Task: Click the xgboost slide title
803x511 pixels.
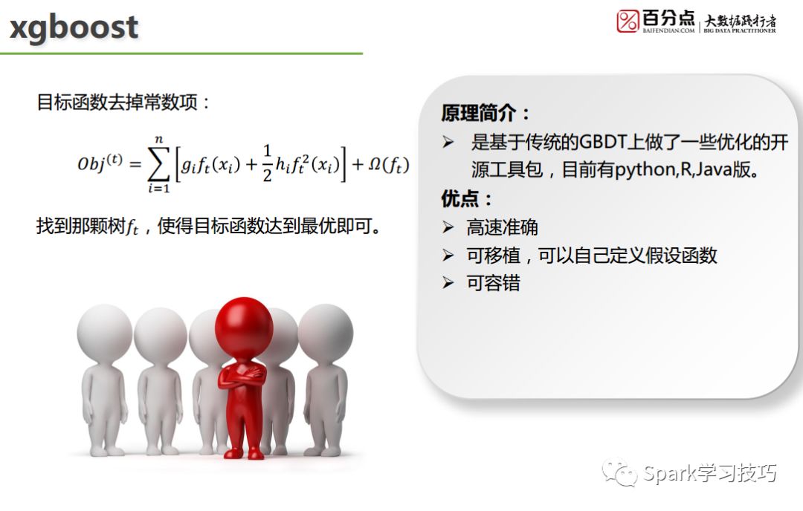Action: click(x=74, y=27)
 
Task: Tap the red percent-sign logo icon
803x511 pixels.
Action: click(x=628, y=21)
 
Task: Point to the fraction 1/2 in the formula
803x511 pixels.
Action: click(x=267, y=163)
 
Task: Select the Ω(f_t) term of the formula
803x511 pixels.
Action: click(x=389, y=164)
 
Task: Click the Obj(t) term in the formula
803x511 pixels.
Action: click(x=100, y=163)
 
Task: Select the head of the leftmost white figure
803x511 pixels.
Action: click(x=105, y=331)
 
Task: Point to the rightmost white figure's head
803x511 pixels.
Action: click(x=326, y=330)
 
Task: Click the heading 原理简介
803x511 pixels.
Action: click(x=478, y=113)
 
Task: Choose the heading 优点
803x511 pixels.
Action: click(x=459, y=198)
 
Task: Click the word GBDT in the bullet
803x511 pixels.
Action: click(x=604, y=142)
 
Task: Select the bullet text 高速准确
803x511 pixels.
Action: click(x=502, y=227)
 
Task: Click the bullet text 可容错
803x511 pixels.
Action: click(x=493, y=283)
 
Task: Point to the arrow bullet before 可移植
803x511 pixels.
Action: click(x=448, y=255)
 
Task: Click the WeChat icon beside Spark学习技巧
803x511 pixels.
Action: click(x=619, y=472)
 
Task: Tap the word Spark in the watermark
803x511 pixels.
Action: click(x=668, y=474)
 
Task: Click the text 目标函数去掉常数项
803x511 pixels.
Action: click(x=117, y=102)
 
